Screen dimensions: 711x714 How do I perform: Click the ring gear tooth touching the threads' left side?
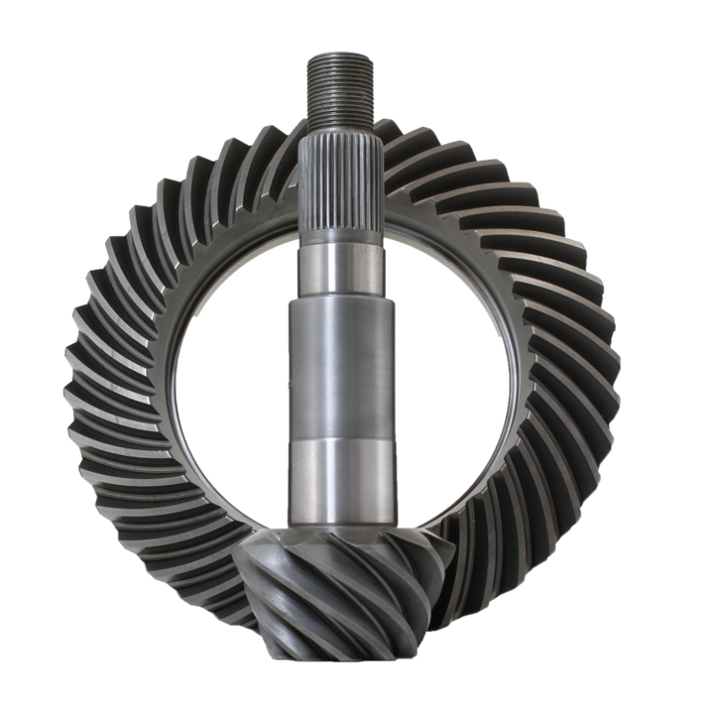(x=288, y=124)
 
